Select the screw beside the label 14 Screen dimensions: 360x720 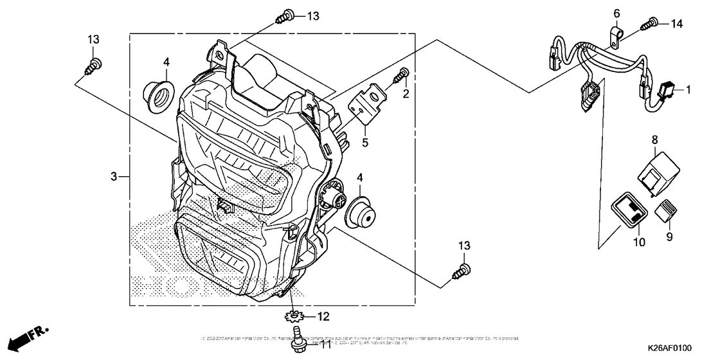(x=649, y=24)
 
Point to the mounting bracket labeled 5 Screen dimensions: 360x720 (x=364, y=107)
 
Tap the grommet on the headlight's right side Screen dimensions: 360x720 (x=361, y=213)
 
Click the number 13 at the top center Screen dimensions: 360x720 (x=312, y=16)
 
